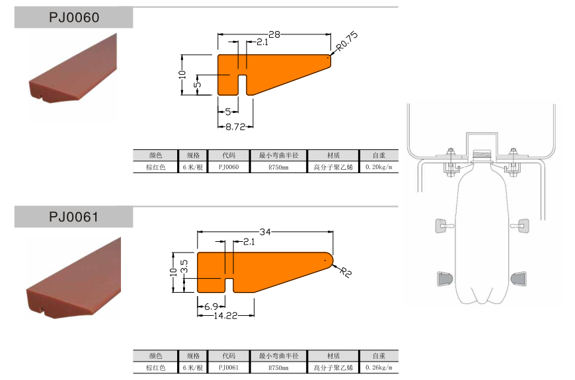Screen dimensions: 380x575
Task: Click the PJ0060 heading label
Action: [x=74, y=18]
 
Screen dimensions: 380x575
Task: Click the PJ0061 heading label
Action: [x=74, y=217]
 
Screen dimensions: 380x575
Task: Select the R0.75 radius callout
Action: [x=347, y=43]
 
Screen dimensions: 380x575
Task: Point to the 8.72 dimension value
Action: [x=236, y=126]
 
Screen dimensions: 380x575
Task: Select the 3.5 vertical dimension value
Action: [x=185, y=266]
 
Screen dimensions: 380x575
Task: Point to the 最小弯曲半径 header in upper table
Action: [x=278, y=155]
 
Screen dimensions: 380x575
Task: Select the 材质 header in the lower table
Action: [x=333, y=355]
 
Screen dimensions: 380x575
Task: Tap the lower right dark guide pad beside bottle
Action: [x=519, y=278]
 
